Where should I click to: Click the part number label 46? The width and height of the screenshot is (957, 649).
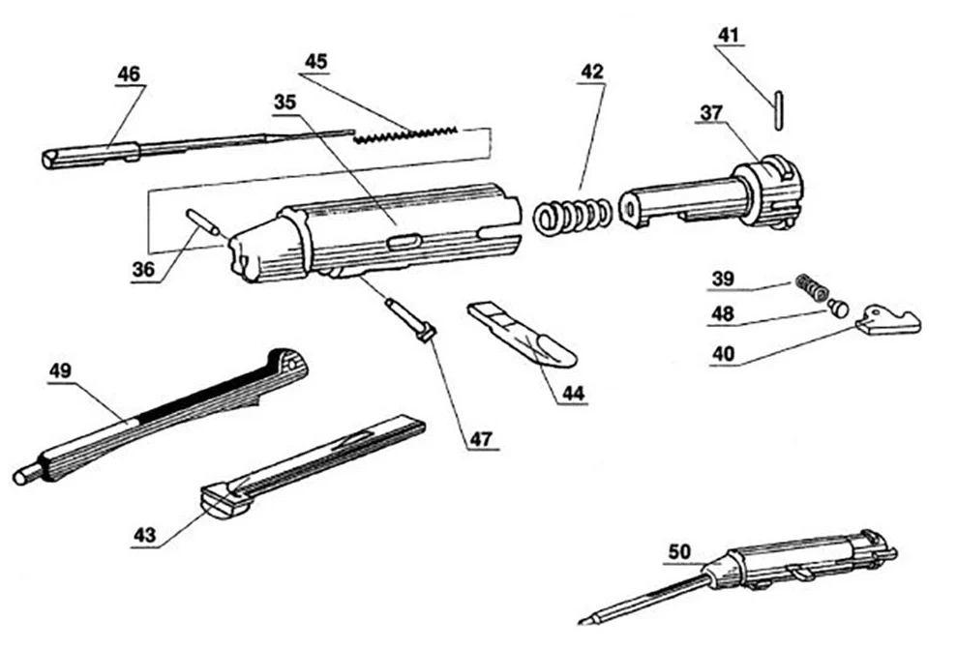pos(128,74)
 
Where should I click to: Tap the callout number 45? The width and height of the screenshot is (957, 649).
pos(315,61)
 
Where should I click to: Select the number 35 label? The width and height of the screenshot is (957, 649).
pos(285,102)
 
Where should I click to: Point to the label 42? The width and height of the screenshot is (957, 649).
pos(592,71)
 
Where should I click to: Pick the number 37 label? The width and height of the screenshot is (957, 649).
pos(712,114)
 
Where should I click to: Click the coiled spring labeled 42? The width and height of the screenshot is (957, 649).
pos(572,216)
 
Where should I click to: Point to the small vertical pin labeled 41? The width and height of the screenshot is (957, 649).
pos(778,105)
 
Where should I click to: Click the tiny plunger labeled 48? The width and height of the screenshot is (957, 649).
pos(838,309)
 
